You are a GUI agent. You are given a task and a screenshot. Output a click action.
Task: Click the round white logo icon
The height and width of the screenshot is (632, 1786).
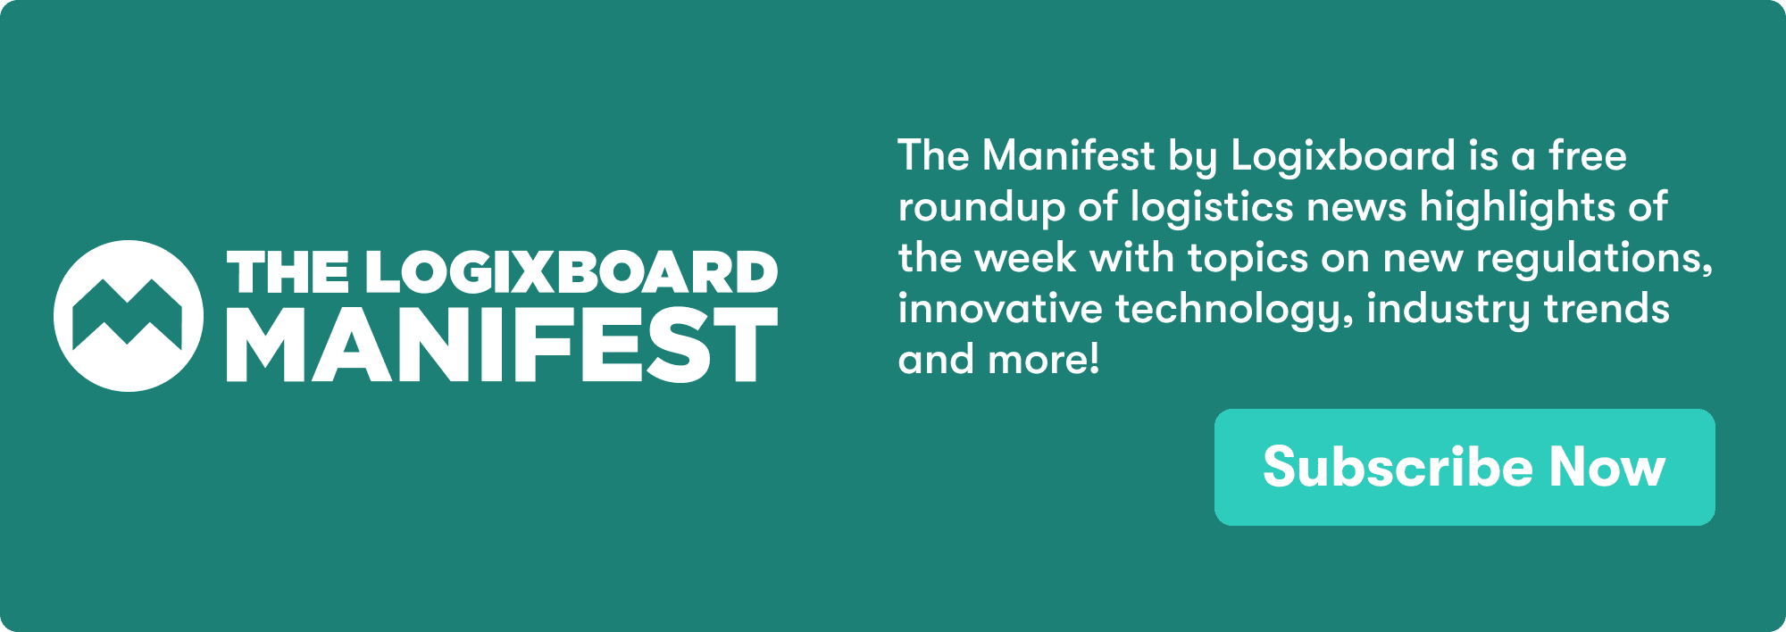point(129,316)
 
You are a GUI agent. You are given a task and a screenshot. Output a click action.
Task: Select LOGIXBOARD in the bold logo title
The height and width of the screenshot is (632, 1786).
point(572,272)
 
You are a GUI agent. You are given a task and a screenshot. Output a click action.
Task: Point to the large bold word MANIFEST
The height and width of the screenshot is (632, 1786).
point(502,345)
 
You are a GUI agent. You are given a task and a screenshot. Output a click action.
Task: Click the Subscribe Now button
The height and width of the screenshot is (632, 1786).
point(1465,467)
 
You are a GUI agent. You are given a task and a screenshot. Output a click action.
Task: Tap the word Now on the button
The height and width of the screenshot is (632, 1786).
point(1607,467)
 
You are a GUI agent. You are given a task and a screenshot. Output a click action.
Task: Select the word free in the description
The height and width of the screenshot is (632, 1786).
point(1588,156)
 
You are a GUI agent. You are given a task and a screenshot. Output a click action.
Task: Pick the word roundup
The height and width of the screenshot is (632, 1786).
point(981,208)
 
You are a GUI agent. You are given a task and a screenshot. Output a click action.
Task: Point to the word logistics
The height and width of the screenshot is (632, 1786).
point(1212,208)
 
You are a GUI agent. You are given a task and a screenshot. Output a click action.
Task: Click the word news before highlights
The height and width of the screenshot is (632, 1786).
point(1356,208)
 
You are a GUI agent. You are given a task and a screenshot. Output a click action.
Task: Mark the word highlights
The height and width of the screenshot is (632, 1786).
point(1517,208)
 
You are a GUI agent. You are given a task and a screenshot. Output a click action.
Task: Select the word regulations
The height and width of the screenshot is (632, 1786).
point(1593,259)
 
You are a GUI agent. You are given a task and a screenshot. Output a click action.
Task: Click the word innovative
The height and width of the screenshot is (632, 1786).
point(1000,310)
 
